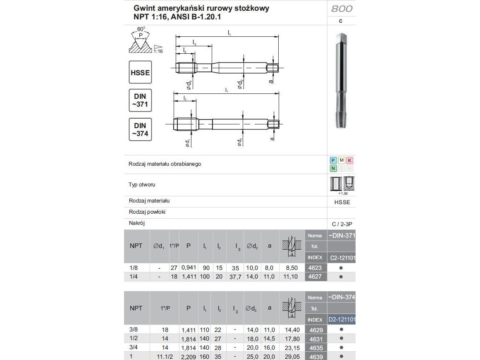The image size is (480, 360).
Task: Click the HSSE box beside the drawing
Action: (x=140, y=72)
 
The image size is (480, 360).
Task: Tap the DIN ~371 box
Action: (x=140, y=100)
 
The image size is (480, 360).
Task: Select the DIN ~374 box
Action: (x=140, y=129)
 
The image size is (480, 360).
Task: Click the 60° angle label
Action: (x=141, y=29)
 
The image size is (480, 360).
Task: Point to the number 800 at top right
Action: (x=341, y=9)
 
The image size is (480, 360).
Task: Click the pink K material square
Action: (x=350, y=160)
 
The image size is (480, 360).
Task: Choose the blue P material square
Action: (x=333, y=160)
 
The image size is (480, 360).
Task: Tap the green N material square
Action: (x=333, y=168)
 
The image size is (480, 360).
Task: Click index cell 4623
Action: (x=315, y=268)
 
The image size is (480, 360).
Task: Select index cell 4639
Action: (x=316, y=357)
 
